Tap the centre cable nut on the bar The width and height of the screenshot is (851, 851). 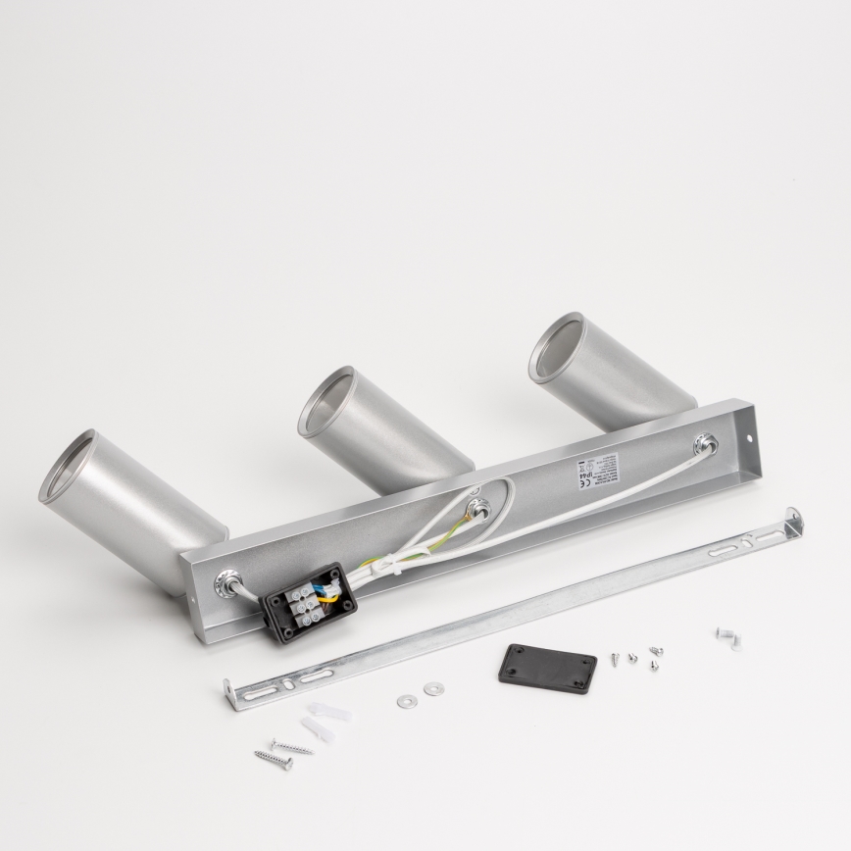[x=480, y=506]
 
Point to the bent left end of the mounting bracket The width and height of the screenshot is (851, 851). [x=231, y=688]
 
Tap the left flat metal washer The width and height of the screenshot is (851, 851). [x=405, y=701]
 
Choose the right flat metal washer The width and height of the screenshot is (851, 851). [x=432, y=688]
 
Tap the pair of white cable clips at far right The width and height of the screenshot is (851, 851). [x=726, y=637]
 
